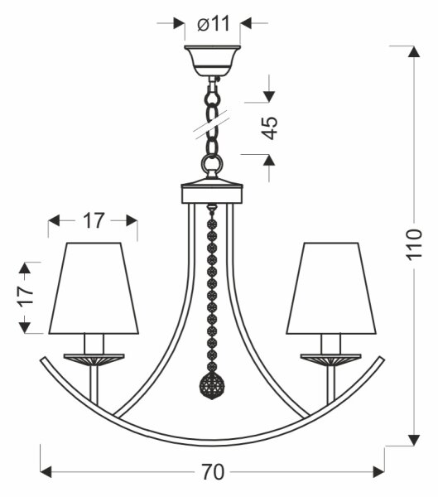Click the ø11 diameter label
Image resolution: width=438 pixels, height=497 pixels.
[x=213, y=23]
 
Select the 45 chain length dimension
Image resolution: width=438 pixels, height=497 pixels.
[x=269, y=128]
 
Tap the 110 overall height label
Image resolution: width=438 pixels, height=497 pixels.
[x=414, y=244]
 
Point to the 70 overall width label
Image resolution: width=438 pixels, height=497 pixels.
[x=213, y=472]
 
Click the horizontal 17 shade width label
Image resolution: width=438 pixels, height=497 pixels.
[x=94, y=220]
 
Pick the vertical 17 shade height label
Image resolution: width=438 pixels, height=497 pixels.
[x=26, y=297]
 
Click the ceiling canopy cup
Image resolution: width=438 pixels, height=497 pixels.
[x=212, y=60]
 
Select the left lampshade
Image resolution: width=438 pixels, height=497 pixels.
[x=94, y=288]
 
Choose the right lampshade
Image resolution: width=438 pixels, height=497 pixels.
[x=331, y=288]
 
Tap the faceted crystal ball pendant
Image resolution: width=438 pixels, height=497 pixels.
[x=212, y=384]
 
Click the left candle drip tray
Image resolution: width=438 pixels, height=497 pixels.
[x=94, y=359]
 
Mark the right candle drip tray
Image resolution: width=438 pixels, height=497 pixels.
[x=331, y=359]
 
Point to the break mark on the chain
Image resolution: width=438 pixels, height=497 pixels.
[x=213, y=124]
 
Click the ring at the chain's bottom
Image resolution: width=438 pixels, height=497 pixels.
[x=212, y=166]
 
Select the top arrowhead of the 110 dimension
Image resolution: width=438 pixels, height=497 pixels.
[x=414, y=51]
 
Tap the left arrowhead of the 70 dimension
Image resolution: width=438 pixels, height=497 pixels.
[x=46, y=472]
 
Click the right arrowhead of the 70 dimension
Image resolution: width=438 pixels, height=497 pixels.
[x=379, y=472]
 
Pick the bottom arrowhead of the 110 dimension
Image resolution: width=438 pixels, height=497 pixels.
[x=414, y=441]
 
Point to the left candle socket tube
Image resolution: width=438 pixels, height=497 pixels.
[x=94, y=344]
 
